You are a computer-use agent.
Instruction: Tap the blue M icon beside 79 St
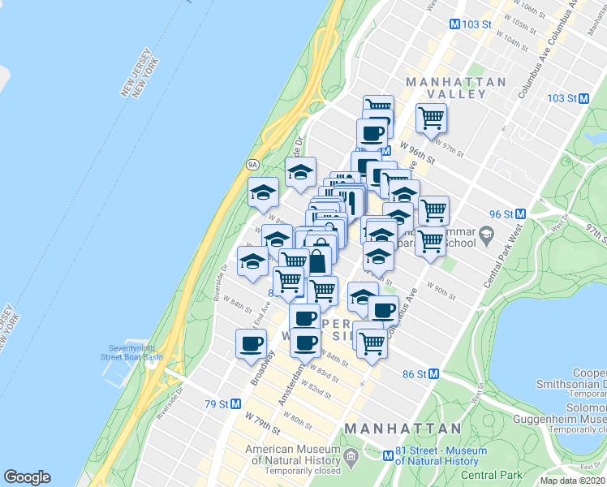[236, 403]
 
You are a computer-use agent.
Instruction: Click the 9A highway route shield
[252, 165]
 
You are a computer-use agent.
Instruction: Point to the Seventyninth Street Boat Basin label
[131, 352]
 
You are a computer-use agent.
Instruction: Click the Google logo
[27, 477]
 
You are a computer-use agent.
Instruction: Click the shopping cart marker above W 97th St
[431, 119]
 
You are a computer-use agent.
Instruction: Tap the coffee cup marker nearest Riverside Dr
[251, 344]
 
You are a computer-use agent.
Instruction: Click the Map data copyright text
[572, 481]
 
